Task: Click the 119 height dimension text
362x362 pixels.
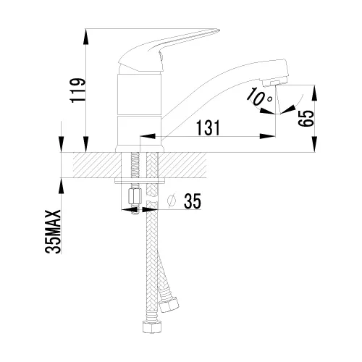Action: (78, 90)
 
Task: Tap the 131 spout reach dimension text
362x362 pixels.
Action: (209, 127)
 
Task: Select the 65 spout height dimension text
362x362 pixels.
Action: (306, 119)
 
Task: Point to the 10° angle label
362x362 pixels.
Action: (258, 96)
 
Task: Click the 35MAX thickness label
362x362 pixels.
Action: (53, 232)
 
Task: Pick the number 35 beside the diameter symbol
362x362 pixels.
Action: (193, 201)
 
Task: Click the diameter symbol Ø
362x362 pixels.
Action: (172, 201)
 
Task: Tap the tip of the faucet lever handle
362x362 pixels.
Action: (219, 30)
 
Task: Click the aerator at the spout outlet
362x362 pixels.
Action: (274, 84)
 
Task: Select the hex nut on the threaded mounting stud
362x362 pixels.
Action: (135, 197)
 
